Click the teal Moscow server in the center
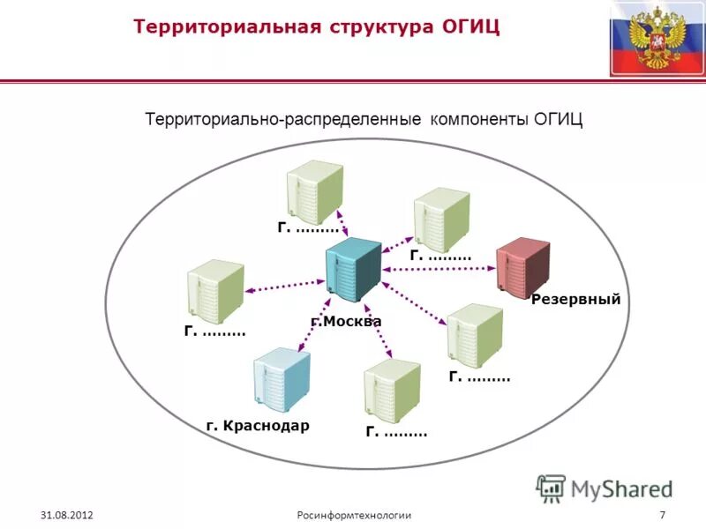(x=353, y=269)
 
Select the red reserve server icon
(x=522, y=268)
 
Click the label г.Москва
(x=346, y=322)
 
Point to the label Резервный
(x=576, y=300)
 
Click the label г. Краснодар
(x=258, y=426)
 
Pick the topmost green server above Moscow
(x=314, y=194)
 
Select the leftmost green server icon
(x=214, y=291)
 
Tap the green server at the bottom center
(x=391, y=391)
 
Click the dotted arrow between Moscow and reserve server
(x=439, y=270)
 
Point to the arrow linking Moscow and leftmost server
(x=284, y=284)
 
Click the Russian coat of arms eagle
(x=655, y=37)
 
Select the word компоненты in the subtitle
(x=478, y=118)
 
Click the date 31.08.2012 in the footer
(x=66, y=514)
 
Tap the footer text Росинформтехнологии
(x=353, y=514)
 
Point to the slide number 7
(x=662, y=514)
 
